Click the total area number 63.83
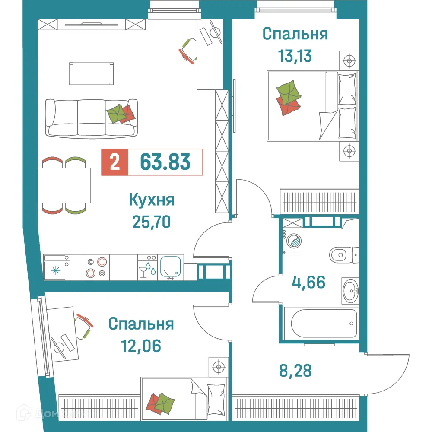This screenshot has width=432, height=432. click(x=165, y=162)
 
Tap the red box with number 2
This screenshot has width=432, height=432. click(x=114, y=162)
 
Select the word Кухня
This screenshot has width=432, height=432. click(x=151, y=200)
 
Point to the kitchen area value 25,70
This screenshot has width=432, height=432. click(x=151, y=222)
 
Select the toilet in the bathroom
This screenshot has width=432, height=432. click(x=344, y=254)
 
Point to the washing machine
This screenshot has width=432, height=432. click(x=294, y=241)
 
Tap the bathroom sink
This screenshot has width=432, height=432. click(x=350, y=290)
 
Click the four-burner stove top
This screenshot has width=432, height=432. click(x=96, y=267)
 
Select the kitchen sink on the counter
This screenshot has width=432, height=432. click(x=172, y=267)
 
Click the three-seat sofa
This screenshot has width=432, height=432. click(x=92, y=118)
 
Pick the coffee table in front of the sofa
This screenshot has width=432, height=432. click(x=92, y=74)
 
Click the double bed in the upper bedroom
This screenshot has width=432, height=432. click(x=312, y=106)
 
